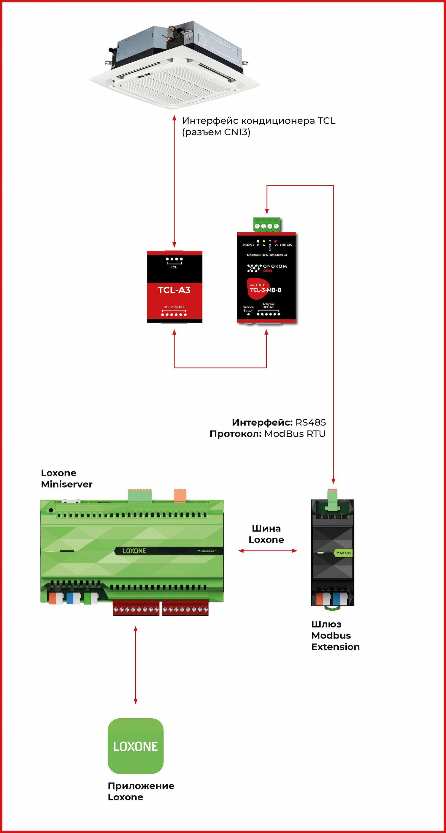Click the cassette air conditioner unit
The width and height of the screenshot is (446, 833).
tap(175, 65)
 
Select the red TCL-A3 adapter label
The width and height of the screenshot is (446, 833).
tap(174, 290)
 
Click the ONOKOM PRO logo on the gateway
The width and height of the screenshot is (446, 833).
tap(267, 268)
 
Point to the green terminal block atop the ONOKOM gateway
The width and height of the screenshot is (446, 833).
tap(267, 225)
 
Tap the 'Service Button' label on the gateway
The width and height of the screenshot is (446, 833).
tap(249, 309)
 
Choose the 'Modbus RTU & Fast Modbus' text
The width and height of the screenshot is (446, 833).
tap(267, 255)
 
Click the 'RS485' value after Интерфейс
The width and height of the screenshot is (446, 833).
tap(310, 422)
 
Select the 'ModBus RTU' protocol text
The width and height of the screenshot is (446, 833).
tap(295, 434)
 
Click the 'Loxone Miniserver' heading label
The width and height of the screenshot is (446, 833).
tap(66, 479)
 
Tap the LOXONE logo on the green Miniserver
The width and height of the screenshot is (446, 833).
tap(134, 551)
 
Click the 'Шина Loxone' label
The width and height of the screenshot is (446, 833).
tap(266, 534)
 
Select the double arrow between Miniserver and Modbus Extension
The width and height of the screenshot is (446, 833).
tap(268, 551)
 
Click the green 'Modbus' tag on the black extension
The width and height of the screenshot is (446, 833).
tap(343, 553)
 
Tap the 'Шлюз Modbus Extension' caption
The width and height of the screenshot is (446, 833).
tap(335, 636)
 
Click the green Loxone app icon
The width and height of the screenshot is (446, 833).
tap(136, 746)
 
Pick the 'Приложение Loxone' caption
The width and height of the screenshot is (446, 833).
tap(141, 791)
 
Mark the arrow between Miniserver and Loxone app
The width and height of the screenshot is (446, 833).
tap(136, 665)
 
